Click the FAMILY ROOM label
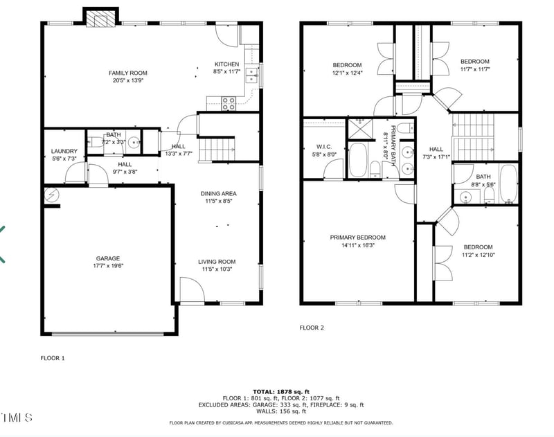[127, 73]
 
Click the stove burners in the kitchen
[229, 104]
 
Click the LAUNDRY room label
[64, 151]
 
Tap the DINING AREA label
[218, 193]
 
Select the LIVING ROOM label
[218, 262]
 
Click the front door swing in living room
[190, 289]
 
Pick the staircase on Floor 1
[217, 148]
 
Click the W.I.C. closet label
[325, 146]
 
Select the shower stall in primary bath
[360, 126]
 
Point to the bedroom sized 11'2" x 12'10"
[478, 251]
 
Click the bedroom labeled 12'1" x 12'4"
[347, 69]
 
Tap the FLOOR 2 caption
[312, 328]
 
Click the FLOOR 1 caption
[53, 358]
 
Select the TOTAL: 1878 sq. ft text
[281, 391]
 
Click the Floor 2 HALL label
[436, 149]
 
